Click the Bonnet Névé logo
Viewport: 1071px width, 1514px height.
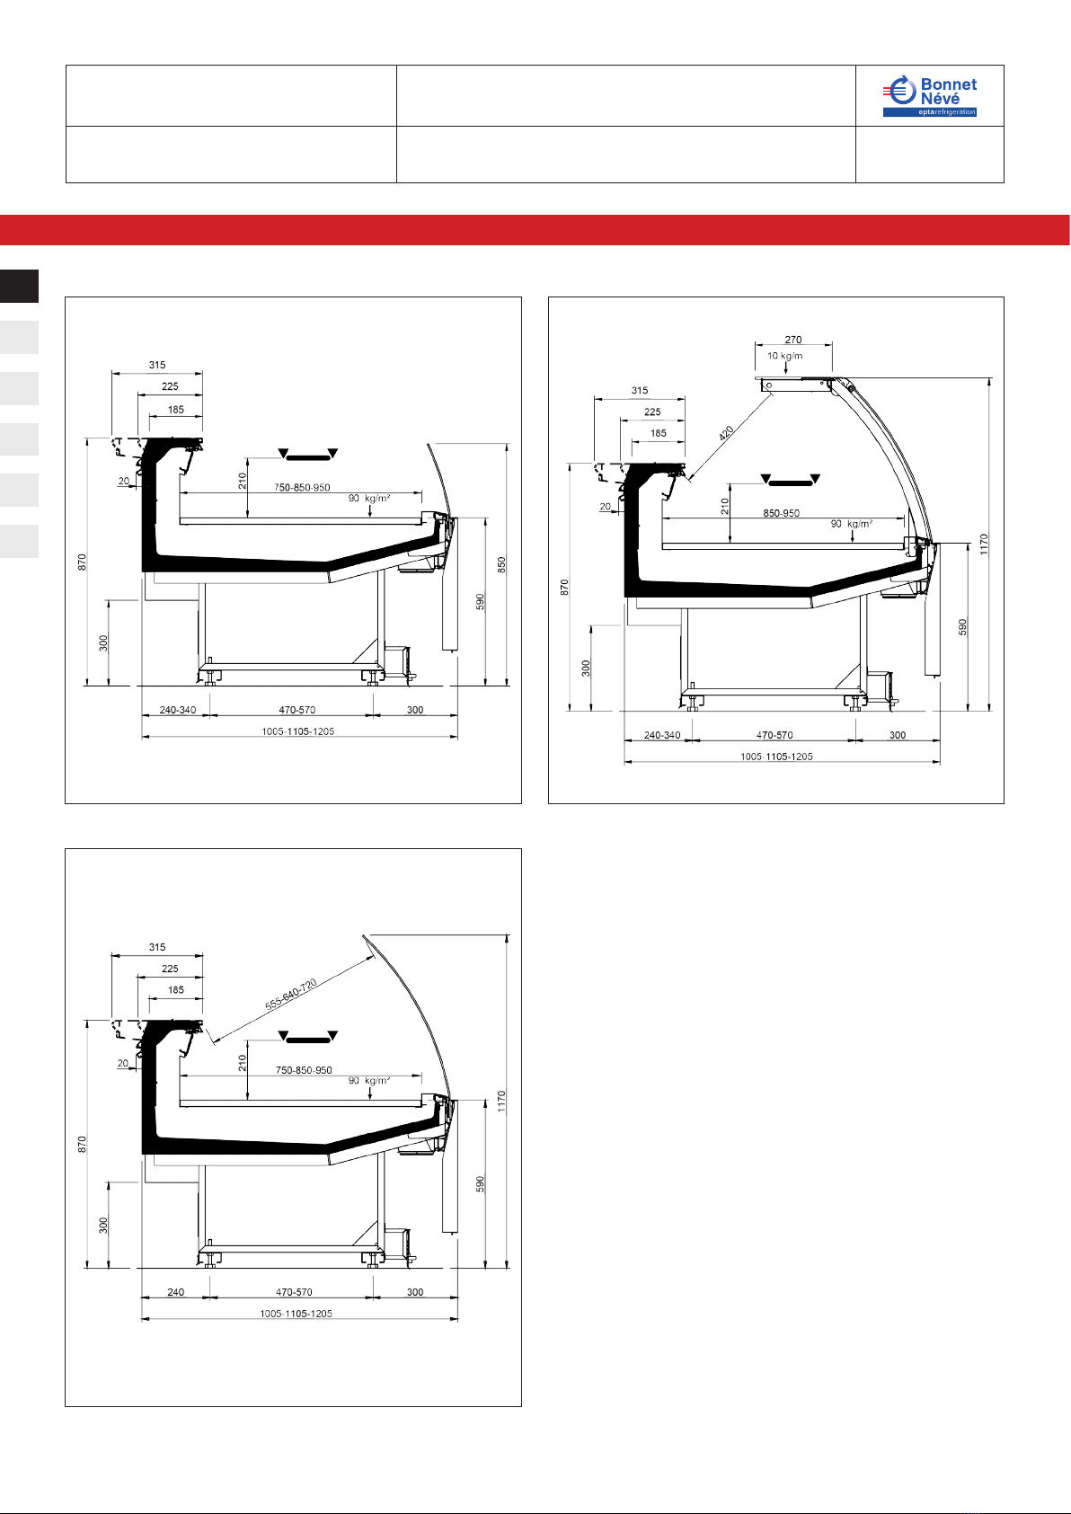click(x=929, y=96)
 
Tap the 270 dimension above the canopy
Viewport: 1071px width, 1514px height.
click(x=793, y=340)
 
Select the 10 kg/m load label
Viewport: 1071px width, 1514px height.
click(x=784, y=356)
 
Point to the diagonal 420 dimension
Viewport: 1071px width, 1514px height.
click(x=726, y=433)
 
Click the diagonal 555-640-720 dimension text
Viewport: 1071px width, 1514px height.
click(x=290, y=995)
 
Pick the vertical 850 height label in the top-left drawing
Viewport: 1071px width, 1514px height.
click(x=501, y=565)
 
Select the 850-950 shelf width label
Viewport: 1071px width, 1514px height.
click(x=781, y=513)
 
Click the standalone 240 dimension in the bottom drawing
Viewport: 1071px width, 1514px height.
click(x=176, y=1292)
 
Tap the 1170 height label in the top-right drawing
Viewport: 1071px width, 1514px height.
click(x=984, y=545)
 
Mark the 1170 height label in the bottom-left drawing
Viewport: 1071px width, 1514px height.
click(x=501, y=1101)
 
